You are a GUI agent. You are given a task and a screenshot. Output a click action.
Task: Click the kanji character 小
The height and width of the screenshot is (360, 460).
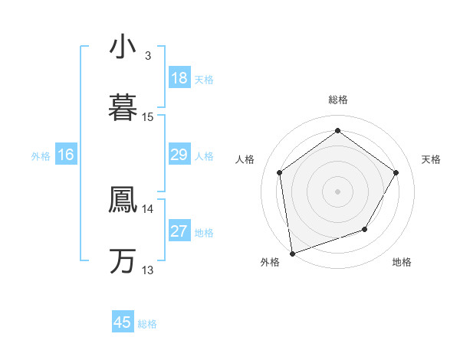[123, 47]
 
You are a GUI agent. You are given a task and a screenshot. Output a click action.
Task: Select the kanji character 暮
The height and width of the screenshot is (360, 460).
[123, 106]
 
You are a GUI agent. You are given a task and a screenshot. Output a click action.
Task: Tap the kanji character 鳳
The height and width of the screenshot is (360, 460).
[123, 199]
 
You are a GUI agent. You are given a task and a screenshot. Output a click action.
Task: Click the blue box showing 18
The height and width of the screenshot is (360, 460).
[179, 78]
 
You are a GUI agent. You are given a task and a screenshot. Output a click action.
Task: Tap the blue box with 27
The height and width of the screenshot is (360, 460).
[179, 231]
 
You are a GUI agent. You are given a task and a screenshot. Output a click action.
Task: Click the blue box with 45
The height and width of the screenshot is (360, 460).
[123, 322]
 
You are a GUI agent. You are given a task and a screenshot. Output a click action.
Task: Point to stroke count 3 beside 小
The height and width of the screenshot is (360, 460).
[148, 56]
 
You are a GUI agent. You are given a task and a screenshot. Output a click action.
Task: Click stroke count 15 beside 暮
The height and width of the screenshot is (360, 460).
[148, 117]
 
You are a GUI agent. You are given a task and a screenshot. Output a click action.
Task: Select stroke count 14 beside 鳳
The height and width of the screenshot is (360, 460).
[148, 208]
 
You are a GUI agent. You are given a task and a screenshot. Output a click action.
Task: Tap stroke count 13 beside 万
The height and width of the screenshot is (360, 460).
[148, 270]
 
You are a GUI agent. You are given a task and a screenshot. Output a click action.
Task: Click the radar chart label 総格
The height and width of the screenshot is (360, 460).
[338, 100]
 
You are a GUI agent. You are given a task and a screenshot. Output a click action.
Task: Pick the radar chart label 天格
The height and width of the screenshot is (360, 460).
[431, 159]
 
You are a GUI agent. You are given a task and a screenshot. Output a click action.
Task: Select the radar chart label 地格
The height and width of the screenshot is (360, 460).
[402, 262]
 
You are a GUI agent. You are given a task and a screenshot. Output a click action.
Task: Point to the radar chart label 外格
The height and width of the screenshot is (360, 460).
[270, 262]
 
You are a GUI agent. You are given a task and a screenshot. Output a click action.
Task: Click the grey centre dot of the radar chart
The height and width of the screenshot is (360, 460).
[338, 191]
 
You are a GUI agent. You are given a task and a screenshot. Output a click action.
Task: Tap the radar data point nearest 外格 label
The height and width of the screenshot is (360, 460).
[292, 253]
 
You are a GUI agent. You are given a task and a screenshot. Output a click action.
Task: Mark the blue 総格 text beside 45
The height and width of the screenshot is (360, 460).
[147, 324]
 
